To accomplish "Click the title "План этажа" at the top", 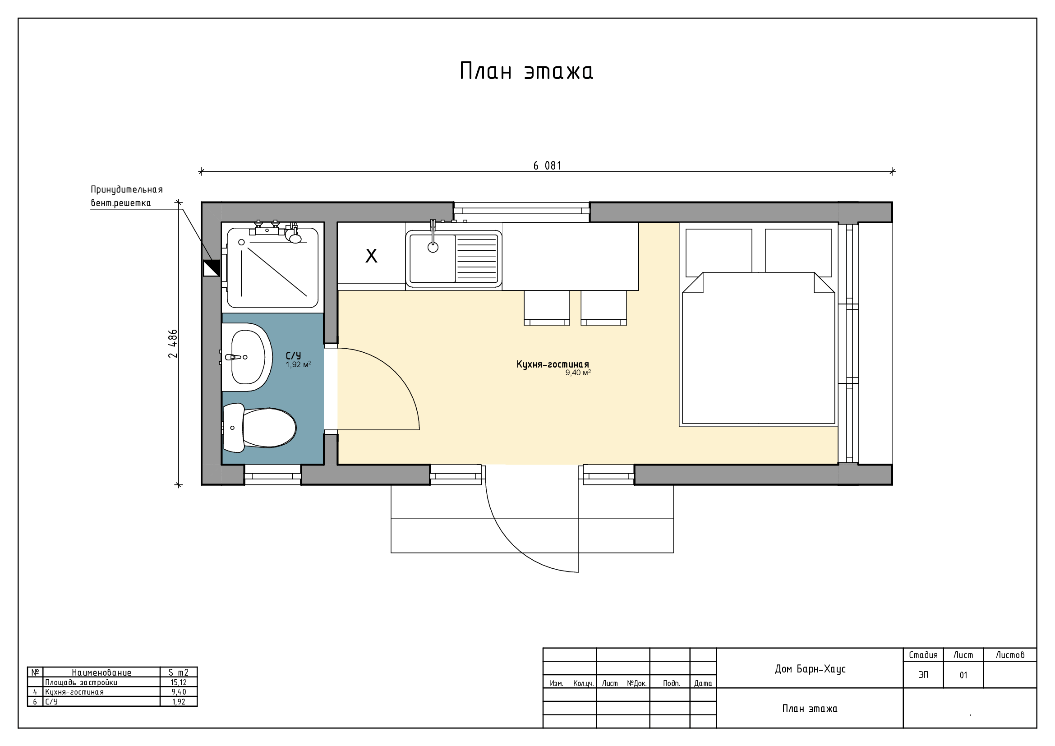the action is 526,72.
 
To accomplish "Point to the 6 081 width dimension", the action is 547,166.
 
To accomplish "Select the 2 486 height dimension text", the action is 173,344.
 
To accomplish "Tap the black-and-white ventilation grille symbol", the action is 212,268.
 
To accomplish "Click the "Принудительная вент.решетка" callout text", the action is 127,196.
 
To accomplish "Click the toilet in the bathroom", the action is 259,428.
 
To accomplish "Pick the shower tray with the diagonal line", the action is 272,268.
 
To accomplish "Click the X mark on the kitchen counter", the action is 371,256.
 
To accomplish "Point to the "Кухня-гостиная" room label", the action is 553,364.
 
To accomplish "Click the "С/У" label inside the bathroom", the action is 293,355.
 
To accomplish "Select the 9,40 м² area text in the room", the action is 578,373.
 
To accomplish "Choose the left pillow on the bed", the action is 719,253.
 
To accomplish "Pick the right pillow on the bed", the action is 798,253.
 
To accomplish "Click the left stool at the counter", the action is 547,308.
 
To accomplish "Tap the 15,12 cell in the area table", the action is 179,682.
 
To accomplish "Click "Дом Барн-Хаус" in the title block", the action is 810,669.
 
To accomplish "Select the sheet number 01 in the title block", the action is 963,675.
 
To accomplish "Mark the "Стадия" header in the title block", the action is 923,655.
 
